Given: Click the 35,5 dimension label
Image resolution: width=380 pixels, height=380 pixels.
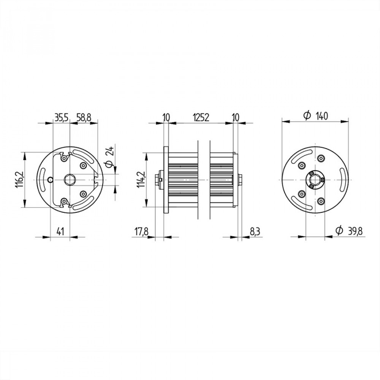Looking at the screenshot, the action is (62, 117).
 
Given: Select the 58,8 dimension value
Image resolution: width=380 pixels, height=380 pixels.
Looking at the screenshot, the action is (84, 117).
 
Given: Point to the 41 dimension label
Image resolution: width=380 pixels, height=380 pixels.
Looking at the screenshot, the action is (60, 231).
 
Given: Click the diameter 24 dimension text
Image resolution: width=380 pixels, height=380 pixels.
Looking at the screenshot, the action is (109, 156).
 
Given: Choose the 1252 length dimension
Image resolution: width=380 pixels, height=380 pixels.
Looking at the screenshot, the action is (201, 117).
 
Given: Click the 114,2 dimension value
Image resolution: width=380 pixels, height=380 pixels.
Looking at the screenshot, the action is (141, 180).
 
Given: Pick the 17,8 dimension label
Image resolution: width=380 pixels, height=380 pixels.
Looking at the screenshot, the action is (141, 232).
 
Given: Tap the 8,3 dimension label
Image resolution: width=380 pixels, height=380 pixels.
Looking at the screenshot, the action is (255, 232).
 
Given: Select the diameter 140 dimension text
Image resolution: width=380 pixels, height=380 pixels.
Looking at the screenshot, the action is (316, 116).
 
